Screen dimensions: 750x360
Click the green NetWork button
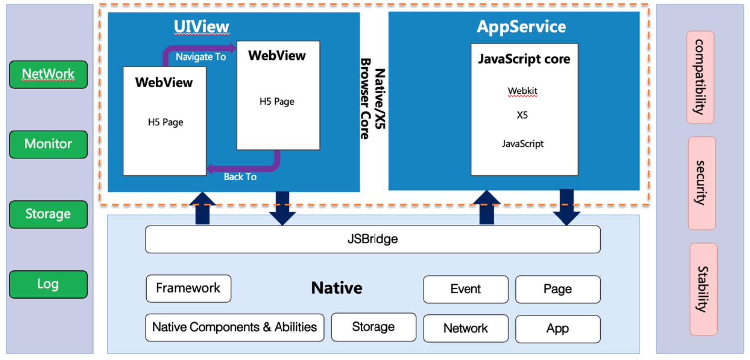49,75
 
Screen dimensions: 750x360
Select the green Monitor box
49,144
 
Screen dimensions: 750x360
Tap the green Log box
49,284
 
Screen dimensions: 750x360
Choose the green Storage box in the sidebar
49,214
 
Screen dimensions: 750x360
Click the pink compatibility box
700,78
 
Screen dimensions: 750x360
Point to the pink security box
702,183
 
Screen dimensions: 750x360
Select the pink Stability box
704,289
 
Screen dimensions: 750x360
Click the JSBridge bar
373,239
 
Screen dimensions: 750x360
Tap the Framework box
188,289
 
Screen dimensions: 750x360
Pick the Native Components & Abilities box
235,327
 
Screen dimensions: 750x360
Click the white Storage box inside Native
374,327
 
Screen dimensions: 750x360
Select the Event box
466,289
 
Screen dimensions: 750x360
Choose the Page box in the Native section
558,289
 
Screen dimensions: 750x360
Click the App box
558,329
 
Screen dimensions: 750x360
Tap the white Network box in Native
466,328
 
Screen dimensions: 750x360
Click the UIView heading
201,27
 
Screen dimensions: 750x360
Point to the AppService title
521,27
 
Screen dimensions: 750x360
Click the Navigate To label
201,57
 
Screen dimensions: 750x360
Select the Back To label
240,177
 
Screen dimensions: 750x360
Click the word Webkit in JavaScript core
522,91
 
